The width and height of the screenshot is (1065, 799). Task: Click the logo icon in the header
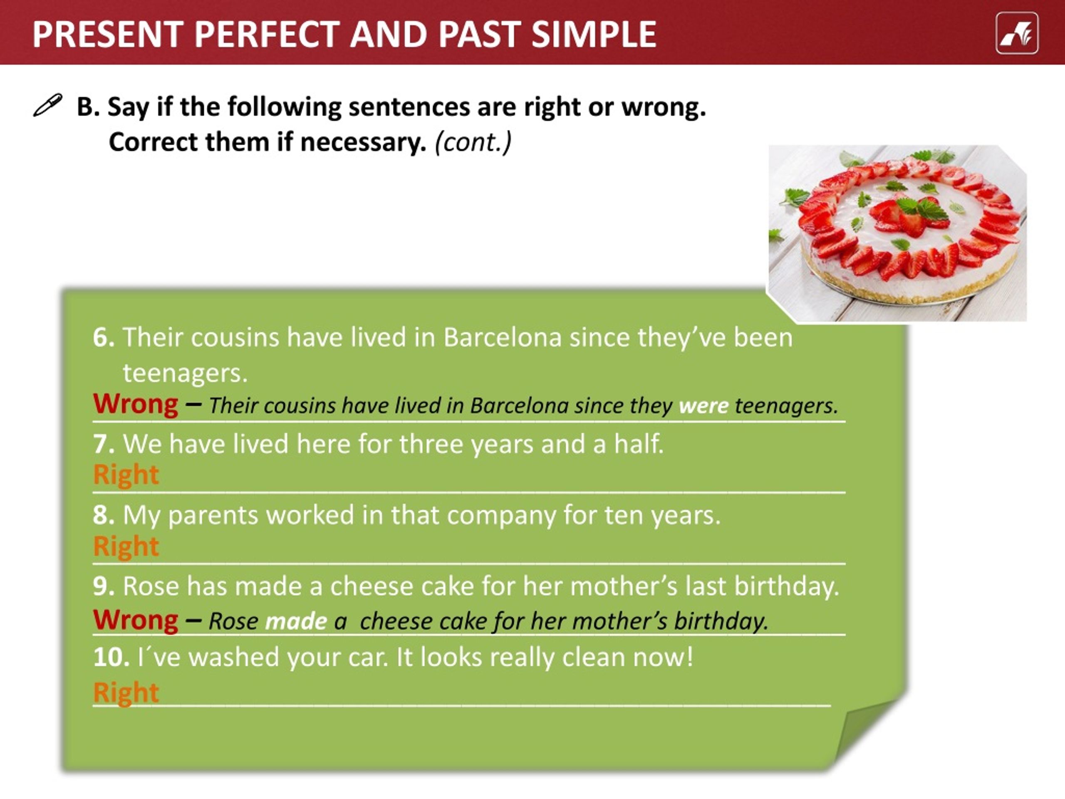[1017, 33]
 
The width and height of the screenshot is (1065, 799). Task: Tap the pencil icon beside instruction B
[48, 105]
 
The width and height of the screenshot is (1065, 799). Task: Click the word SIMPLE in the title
[594, 34]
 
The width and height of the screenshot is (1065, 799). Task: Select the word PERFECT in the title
[267, 34]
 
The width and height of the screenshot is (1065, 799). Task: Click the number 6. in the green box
[104, 337]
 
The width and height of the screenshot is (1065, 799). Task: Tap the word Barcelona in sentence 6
[502, 337]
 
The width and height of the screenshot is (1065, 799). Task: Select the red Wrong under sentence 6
[135, 404]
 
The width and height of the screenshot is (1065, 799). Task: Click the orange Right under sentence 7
[126, 474]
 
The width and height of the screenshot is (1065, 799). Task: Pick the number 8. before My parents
[104, 515]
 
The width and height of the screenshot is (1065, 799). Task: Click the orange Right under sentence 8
[126, 546]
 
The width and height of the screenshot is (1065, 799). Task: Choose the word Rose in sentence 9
[151, 586]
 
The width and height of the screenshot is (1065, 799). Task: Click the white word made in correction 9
[296, 621]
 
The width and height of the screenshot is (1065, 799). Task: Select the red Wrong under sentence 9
[135, 619]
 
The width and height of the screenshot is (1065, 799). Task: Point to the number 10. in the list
[111, 657]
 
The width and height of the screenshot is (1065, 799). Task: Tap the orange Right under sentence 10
[126, 692]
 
